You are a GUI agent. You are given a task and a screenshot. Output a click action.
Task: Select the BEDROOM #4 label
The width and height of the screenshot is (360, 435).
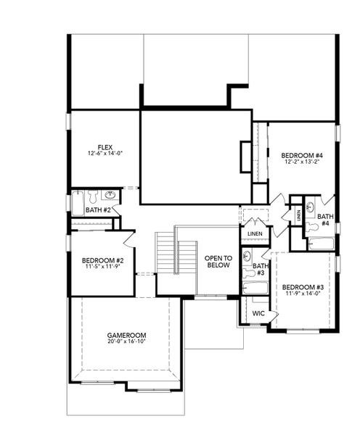(302, 154)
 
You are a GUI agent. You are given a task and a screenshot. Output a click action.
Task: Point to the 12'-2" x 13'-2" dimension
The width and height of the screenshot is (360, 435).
(302, 162)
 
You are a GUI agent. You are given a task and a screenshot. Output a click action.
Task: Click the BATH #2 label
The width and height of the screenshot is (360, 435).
(97, 210)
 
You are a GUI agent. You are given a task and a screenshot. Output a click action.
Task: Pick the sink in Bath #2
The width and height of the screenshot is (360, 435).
(110, 196)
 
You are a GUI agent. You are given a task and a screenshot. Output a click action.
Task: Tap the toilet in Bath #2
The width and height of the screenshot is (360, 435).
(92, 195)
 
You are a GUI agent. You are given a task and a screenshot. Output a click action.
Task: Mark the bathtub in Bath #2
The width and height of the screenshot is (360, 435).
(78, 204)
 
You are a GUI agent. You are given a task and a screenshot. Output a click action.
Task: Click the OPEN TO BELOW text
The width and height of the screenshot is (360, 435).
(217, 262)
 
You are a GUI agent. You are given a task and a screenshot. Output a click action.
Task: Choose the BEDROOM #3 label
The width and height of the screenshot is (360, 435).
(303, 287)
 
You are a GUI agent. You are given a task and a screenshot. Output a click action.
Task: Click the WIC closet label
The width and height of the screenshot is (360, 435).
(258, 313)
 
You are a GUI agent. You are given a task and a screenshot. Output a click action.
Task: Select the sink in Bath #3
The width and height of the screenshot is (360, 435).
(247, 256)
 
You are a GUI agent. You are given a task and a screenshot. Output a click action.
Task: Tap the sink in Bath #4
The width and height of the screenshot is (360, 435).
(311, 207)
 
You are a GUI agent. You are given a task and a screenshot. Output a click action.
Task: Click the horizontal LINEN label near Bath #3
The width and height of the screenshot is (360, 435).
(254, 233)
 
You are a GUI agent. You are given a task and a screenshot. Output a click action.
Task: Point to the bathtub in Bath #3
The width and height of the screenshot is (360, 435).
(255, 288)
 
